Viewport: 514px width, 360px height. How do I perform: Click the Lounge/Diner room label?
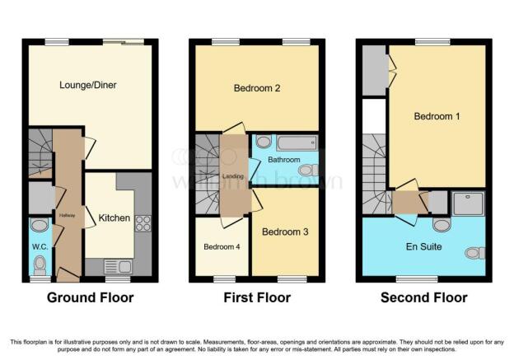pyautogui.click(x=88, y=85)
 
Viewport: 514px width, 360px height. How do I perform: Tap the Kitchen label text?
pyautogui.click(x=114, y=218)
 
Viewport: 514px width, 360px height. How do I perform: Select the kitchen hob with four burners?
pyautogui.click(x=143, y=223)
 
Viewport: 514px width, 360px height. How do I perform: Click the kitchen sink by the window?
pyautogui.click(x=118, y=266)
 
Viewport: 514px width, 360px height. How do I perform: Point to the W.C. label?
pyautogui.click(x=40, y=247)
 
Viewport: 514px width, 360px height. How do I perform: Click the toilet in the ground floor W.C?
pyautogui.click(x=40, y=265)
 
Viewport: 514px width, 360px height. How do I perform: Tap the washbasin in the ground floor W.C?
pyautogui.click(x=40, y=225)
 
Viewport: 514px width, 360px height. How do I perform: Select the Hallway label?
pyautogui.click(x=68, y=215)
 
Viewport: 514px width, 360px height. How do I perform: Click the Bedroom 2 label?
pyautogui.click(x=257, y=88)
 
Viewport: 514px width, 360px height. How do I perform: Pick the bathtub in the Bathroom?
pyautogui.click(x=297, y=143)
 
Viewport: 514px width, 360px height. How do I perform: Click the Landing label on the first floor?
pyautogui.click(x=233, y=176)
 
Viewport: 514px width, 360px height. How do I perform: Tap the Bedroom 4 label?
pyautogui.click(x=222, y=246)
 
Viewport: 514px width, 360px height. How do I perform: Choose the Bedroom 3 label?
pyautogui.click(x=285, y=231)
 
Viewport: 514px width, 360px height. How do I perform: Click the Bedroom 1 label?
pyautogui.click(x=437, y=116)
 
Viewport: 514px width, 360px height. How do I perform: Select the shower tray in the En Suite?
pyautogui.click(x=468, y=203)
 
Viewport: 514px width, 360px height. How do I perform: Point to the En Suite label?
pyautogui.click(x=423, y=246)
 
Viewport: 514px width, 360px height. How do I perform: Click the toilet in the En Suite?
pyautogui.click(x=474, y=253)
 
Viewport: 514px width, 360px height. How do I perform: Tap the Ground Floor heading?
pyautogui.click(x=90, y=297)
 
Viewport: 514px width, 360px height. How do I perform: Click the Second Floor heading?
pyautogui.click(x=424, y=297)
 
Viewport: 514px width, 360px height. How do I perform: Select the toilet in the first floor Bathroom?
pyautogui.click(x=308, y=171)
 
